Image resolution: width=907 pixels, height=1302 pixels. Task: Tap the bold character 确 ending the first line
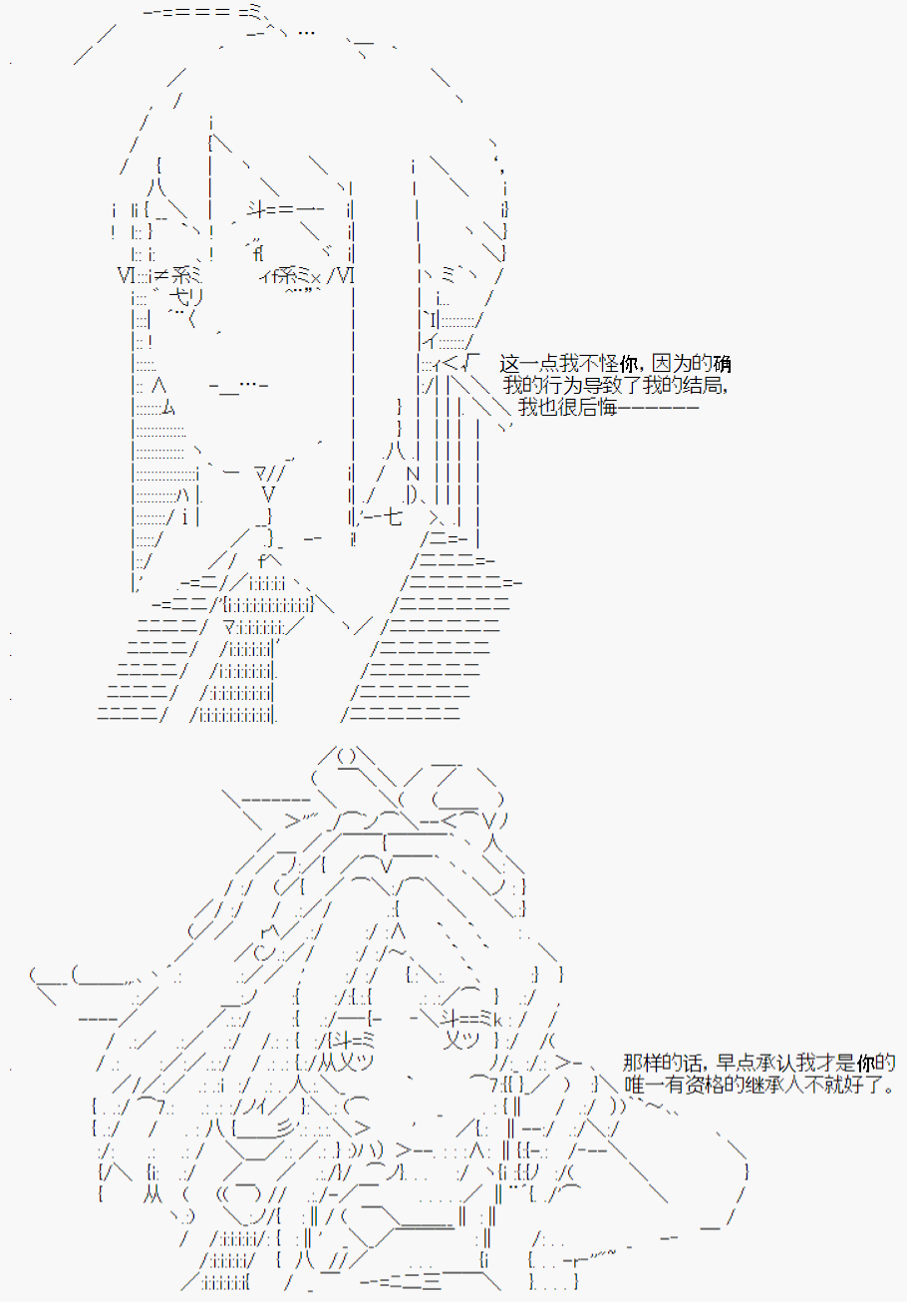(722, 364)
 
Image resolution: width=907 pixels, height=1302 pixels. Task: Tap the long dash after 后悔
(658, 407)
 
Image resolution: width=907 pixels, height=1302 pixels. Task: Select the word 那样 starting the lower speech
(642, 1063)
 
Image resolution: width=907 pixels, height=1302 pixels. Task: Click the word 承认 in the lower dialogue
(776, 1063)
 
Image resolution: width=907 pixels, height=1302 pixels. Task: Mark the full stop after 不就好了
(891, 1090)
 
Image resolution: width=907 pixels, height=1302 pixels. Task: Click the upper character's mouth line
(238, 386)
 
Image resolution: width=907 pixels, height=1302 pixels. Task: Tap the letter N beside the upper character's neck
(413, 474)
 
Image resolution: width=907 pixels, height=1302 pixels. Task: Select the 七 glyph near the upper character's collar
(394, 516)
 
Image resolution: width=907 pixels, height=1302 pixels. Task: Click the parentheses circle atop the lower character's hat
(346, 757)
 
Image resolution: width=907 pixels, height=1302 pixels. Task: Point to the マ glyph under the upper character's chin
(261, 474)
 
